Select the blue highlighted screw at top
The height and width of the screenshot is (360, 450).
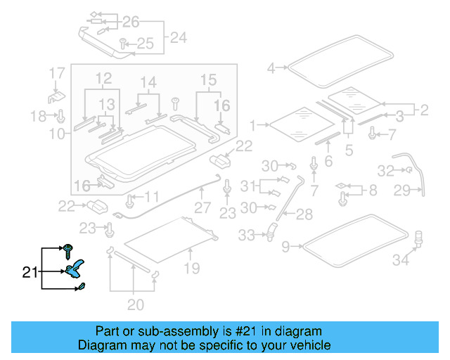coord(69,249)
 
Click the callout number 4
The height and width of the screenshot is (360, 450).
coord(271,68)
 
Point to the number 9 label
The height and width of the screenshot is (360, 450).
coord(285,247)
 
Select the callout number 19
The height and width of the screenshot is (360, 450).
coord(192,267)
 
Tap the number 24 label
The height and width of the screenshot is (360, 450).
coord(179,37)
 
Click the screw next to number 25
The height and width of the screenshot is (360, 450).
coord(124,43)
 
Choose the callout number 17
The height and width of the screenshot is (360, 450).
coord(57,73)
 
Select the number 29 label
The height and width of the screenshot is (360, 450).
coord(421,190)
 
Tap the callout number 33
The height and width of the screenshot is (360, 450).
coord(246,236)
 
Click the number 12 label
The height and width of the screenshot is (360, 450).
coord(104,76)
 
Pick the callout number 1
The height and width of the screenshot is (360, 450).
coord(253,125)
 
